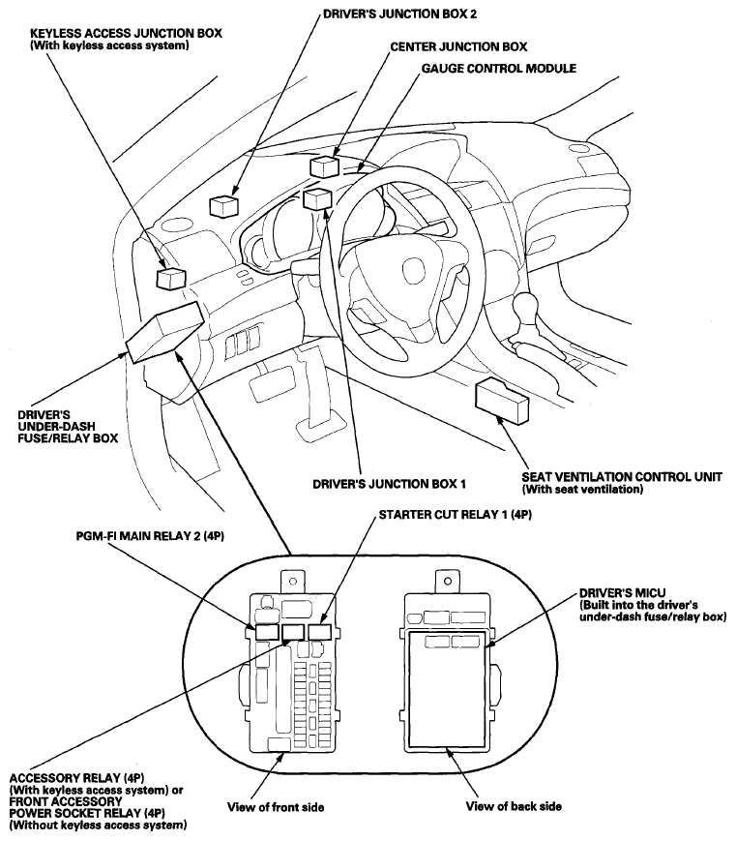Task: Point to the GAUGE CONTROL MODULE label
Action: click(498, 70)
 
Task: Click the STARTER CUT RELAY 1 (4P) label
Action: click(452, 516)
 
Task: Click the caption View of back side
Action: click(514, 806)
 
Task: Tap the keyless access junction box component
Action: click(171, 278)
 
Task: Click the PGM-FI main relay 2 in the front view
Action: click(266, 633)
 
